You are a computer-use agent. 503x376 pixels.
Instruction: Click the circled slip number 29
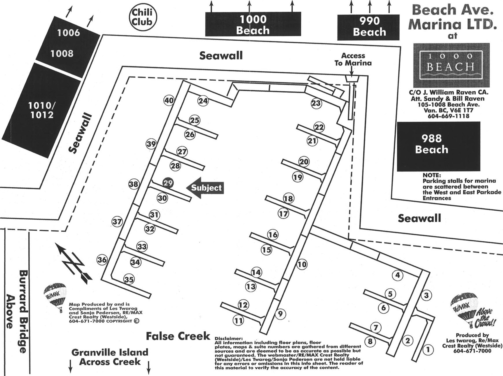click(168, 183)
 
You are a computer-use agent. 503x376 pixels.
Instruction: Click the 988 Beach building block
click(438, 147)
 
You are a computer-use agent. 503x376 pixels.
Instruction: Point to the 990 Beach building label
click(369, 26)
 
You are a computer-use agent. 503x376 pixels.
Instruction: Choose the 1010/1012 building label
click(41, 110)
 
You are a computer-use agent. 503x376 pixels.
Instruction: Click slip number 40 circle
click(169, 101)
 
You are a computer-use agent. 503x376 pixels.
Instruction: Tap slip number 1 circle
click(428, 350)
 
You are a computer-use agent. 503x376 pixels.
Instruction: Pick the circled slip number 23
click(316, 103)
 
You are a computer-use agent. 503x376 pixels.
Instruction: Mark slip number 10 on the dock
click(302, 264)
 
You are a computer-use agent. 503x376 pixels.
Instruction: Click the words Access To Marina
click(353, 59)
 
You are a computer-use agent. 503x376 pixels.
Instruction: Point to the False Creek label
click(178, 336)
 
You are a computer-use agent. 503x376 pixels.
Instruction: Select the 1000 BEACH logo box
click(451, 65)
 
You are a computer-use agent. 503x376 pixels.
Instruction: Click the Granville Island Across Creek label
click(110, 357)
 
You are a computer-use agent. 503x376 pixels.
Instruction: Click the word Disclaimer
click(228, 339)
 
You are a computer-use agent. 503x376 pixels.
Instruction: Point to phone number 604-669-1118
click(449, 116)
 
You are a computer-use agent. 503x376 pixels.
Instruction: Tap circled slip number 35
click(129, 279)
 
